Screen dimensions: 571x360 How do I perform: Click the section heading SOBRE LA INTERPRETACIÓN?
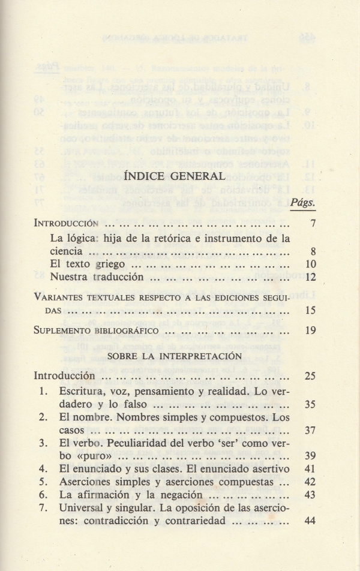(x=179, y=355)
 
